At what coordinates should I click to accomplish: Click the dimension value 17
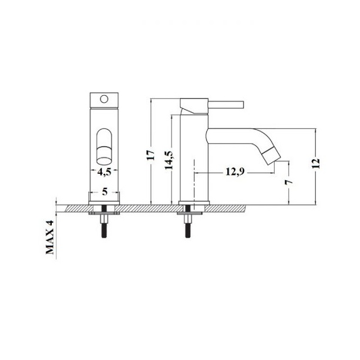pos(151,155)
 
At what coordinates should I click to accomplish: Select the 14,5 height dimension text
pos(169,160)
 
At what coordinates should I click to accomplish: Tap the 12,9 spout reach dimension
pos(235,172)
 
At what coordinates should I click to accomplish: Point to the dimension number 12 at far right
pos(316,163)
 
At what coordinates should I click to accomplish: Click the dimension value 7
pos(289,182)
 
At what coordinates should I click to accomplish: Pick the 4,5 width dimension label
pos(104,172)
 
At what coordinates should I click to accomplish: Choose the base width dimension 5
pos(105,191)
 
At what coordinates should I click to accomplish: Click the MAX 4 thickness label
pos(49,237)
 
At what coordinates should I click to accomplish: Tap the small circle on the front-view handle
pos(104,99)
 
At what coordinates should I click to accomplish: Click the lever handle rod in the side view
pos(226,104)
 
